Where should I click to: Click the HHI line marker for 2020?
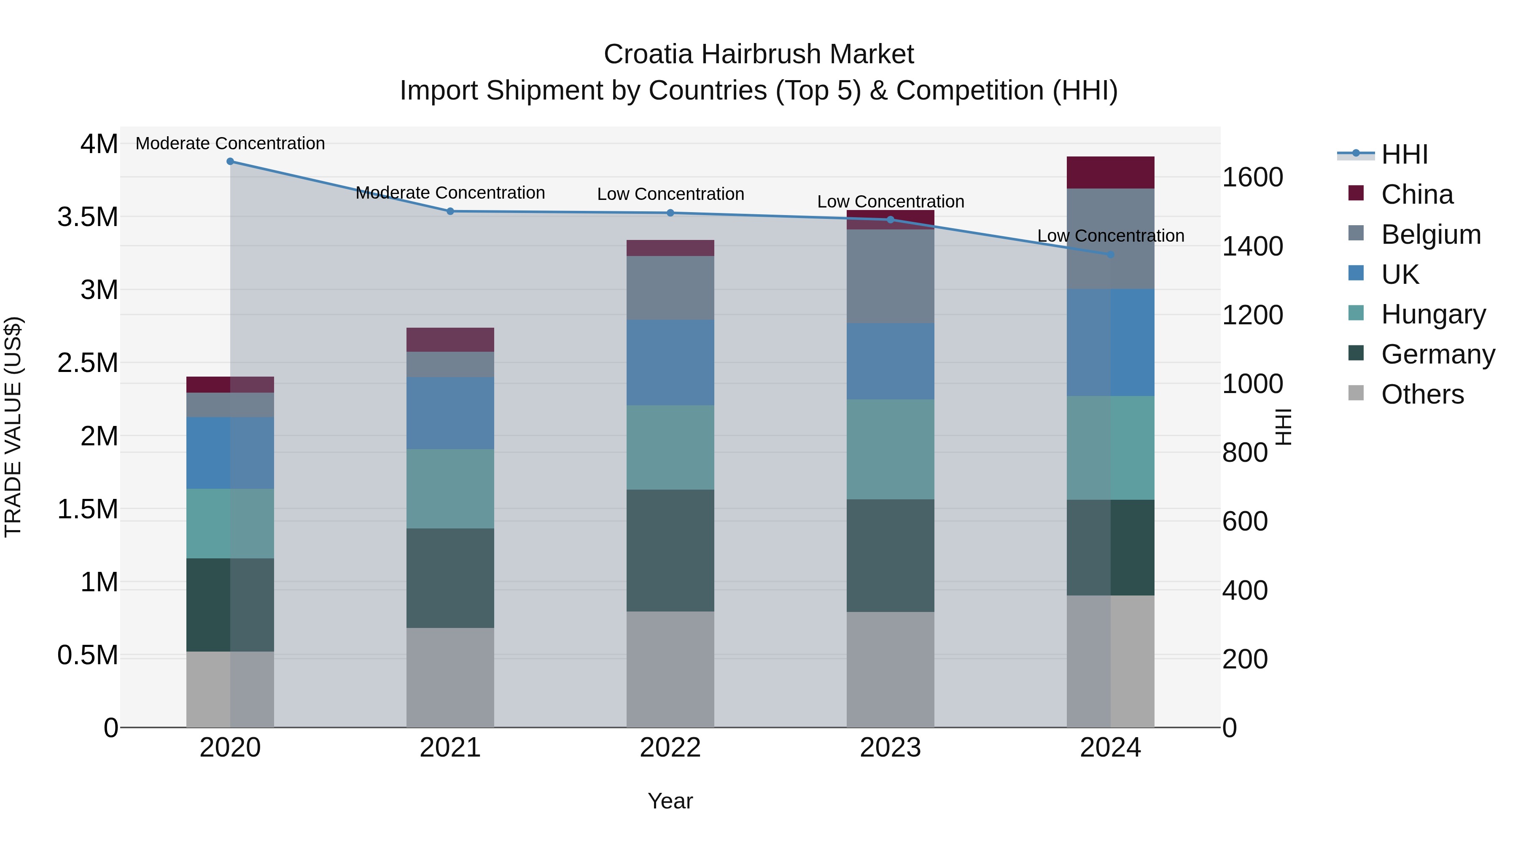(x=230, y=162)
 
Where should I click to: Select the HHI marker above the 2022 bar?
(x=670, y=213)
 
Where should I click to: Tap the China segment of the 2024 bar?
(x=1110, y=172)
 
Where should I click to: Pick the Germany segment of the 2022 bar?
(x=670, y=550)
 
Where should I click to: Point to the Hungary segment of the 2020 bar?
(x=230, y=523)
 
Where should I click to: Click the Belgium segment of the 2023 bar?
(x=890, y=276)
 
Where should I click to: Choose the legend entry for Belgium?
(x=1431, y=234)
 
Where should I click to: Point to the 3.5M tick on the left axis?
(x=88, y=217)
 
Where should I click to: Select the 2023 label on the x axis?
(x=890, y=747)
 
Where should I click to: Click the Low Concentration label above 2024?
(x=1110, y=236)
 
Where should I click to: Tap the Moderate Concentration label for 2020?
(x=230, y=143)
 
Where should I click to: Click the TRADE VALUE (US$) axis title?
(x=13, y=427)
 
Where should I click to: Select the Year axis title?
(x=670, y=801)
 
